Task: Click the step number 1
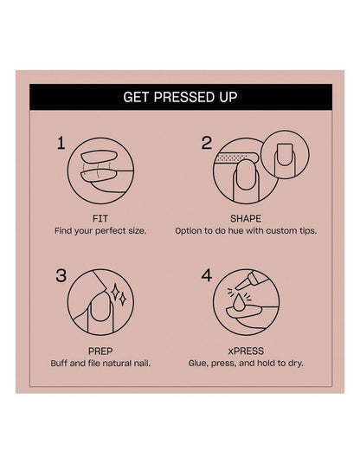(61, 143)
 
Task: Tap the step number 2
(207, 143)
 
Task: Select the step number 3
(61, 275)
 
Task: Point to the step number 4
(207, 275)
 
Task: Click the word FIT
(100, 219)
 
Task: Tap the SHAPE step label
(246, 219)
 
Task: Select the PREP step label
(100, 351)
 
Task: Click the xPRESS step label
(246, 351)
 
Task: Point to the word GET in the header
(137, 97)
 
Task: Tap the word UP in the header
(228, 97)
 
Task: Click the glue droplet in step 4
(239, 303)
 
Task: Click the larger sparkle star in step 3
(115, 292)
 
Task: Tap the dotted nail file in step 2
(237, 158)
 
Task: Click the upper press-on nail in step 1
(98, 157)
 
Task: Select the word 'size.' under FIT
(138, 231)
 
